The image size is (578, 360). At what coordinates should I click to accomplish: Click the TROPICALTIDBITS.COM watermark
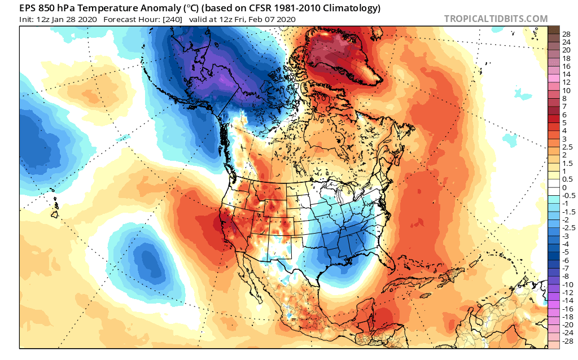click(496, 19)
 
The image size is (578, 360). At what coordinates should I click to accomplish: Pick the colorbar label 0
click(564, 187)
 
